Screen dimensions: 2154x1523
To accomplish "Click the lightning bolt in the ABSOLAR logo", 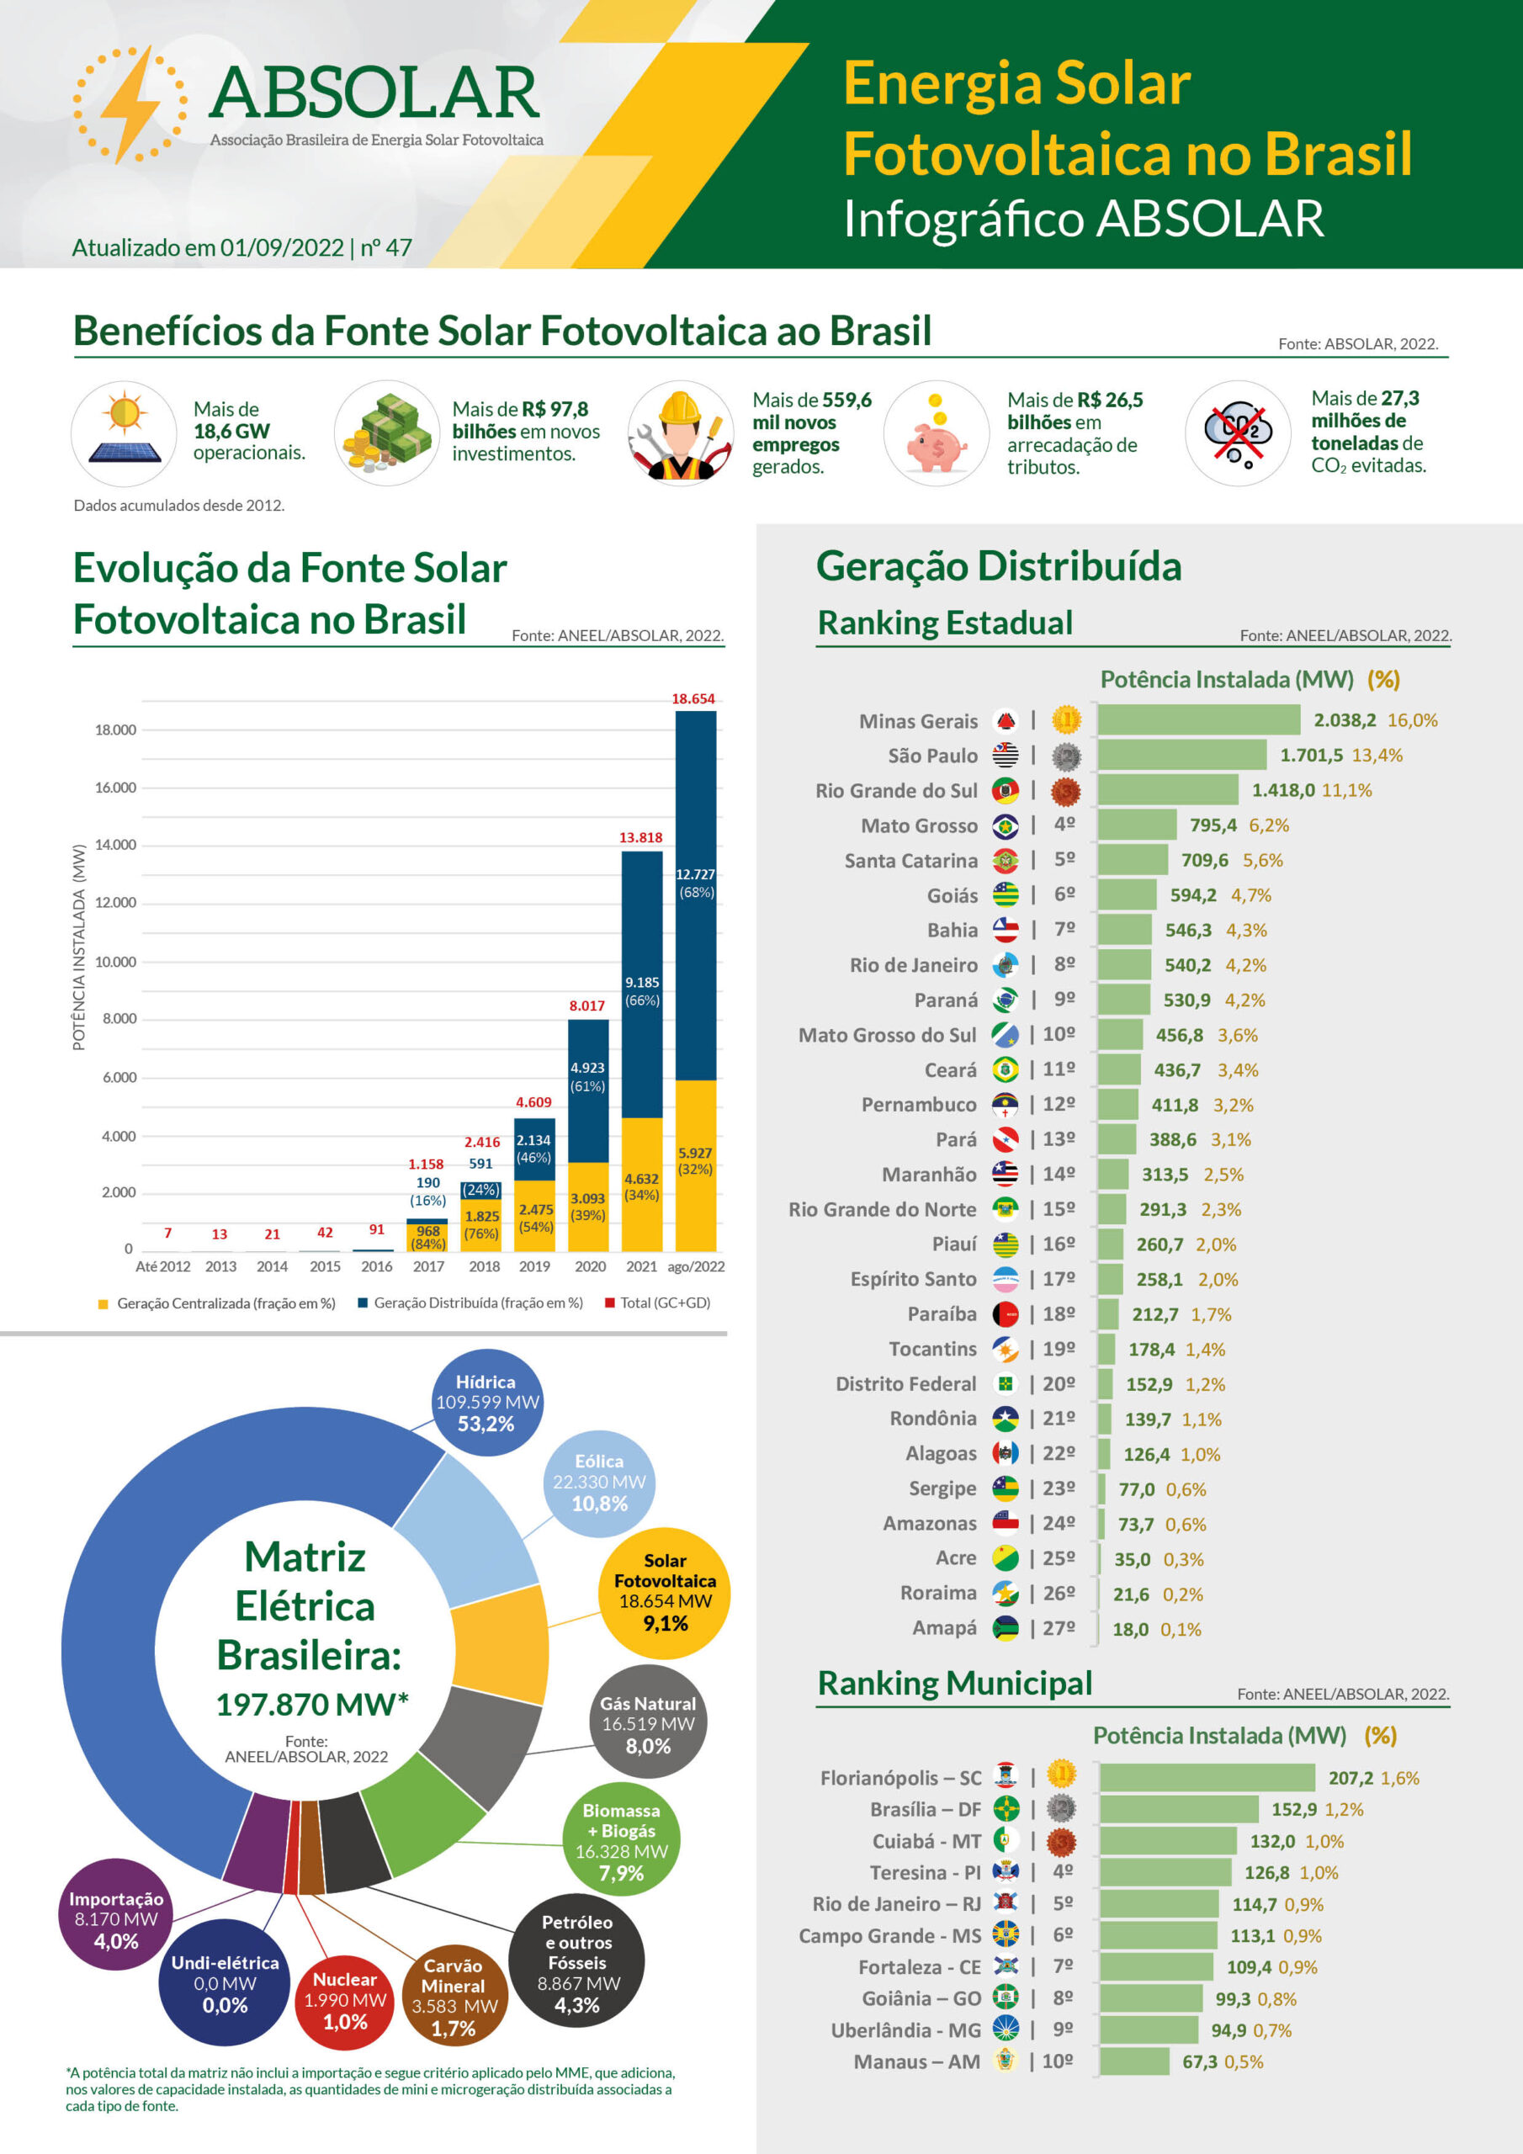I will [130, 105].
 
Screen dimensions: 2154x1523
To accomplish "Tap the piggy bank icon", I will [936, 445].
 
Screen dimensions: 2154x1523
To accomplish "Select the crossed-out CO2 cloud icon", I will [1238, 433].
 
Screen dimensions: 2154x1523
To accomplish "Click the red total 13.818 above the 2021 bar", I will [640, 837].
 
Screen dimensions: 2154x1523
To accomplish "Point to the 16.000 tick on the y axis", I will [115, 787].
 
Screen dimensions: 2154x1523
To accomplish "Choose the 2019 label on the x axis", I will [534, 1266].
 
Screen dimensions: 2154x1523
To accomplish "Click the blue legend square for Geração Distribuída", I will [362, 1303].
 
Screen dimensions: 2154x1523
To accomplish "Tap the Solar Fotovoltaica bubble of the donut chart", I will [665, 1593].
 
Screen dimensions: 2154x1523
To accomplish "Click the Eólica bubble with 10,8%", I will [599, 1483].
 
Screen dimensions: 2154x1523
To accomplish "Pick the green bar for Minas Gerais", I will [1198, 719].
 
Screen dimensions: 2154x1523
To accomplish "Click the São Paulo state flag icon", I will [1005, 756].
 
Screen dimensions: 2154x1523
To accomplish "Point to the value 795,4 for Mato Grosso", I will [1213, 825].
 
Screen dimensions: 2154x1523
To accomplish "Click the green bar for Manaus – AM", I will [1134, 2061].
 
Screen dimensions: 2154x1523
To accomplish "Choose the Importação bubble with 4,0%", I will [116, 1919].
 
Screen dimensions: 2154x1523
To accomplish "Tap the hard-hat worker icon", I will [681, 433].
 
